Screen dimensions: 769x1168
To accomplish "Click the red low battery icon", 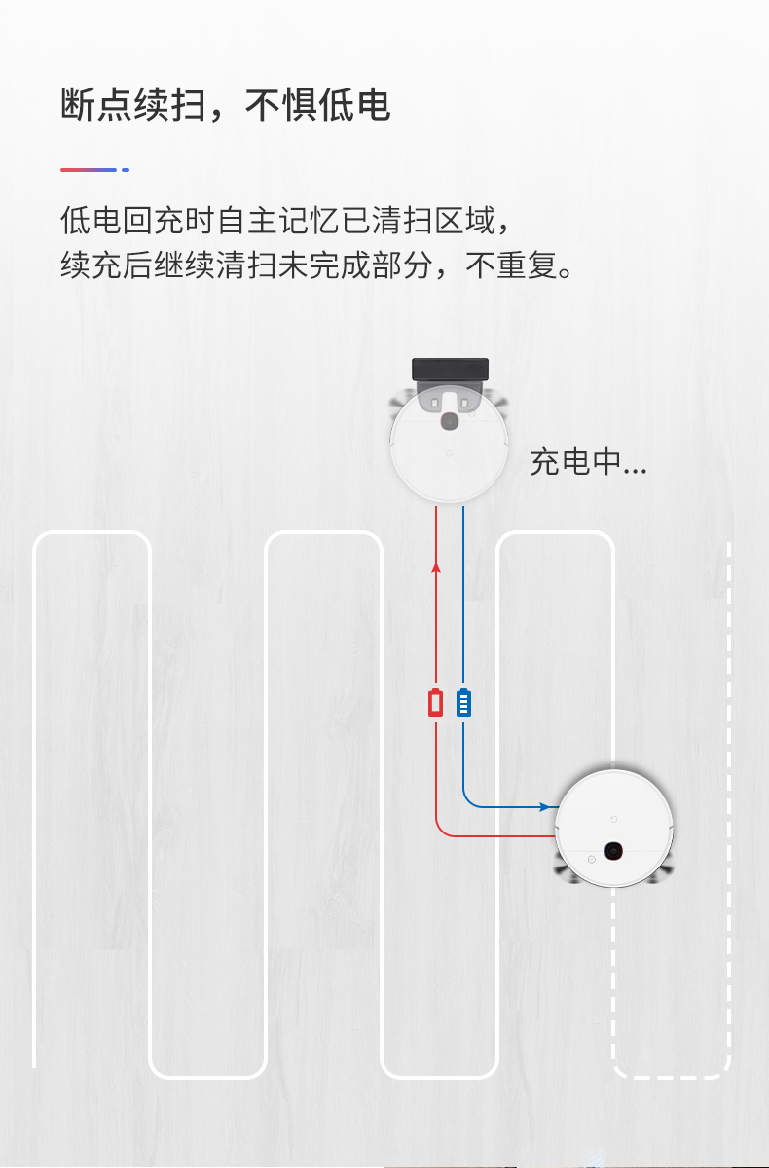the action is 436,702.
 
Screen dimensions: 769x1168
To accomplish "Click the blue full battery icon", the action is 463,702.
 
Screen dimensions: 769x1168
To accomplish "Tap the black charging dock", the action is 450,369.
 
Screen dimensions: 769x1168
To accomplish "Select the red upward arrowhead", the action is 436,566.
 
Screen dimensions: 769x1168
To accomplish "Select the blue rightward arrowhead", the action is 545,807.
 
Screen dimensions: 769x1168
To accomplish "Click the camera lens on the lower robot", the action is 613,851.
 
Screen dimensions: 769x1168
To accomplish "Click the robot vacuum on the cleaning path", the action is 614,828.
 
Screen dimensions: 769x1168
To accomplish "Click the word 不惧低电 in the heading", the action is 317,105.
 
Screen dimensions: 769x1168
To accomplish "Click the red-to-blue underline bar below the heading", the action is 89,170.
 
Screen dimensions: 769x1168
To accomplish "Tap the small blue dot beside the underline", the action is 126,170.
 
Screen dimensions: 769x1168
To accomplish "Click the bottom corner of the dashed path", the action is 672,1075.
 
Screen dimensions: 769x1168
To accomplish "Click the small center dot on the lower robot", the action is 613,807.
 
